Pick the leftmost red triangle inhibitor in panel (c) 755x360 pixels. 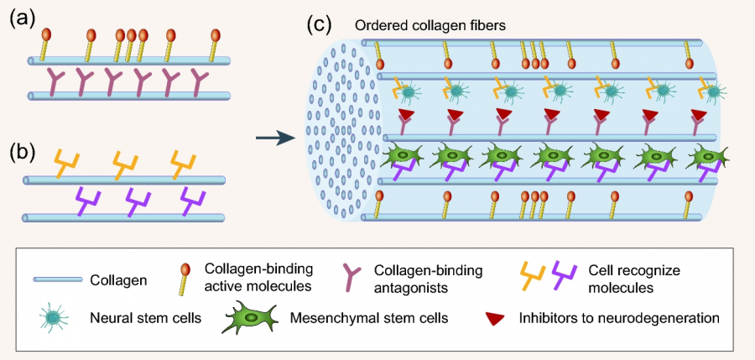click(x=406, y=112)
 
